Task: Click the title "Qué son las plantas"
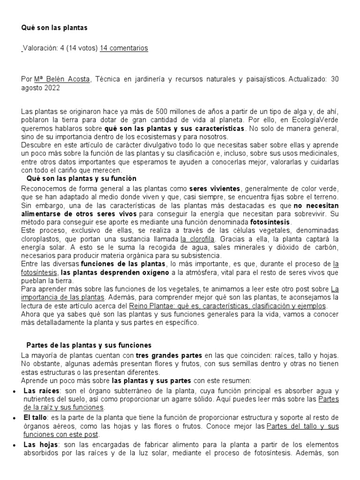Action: click(x=54, y=28)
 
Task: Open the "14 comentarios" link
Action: click(x=124, y=48)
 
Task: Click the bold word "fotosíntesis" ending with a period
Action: click(x=271, y=221)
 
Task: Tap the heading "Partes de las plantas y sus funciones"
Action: click(x=89, y=345)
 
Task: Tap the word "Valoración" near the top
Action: click(x=40, y=48)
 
